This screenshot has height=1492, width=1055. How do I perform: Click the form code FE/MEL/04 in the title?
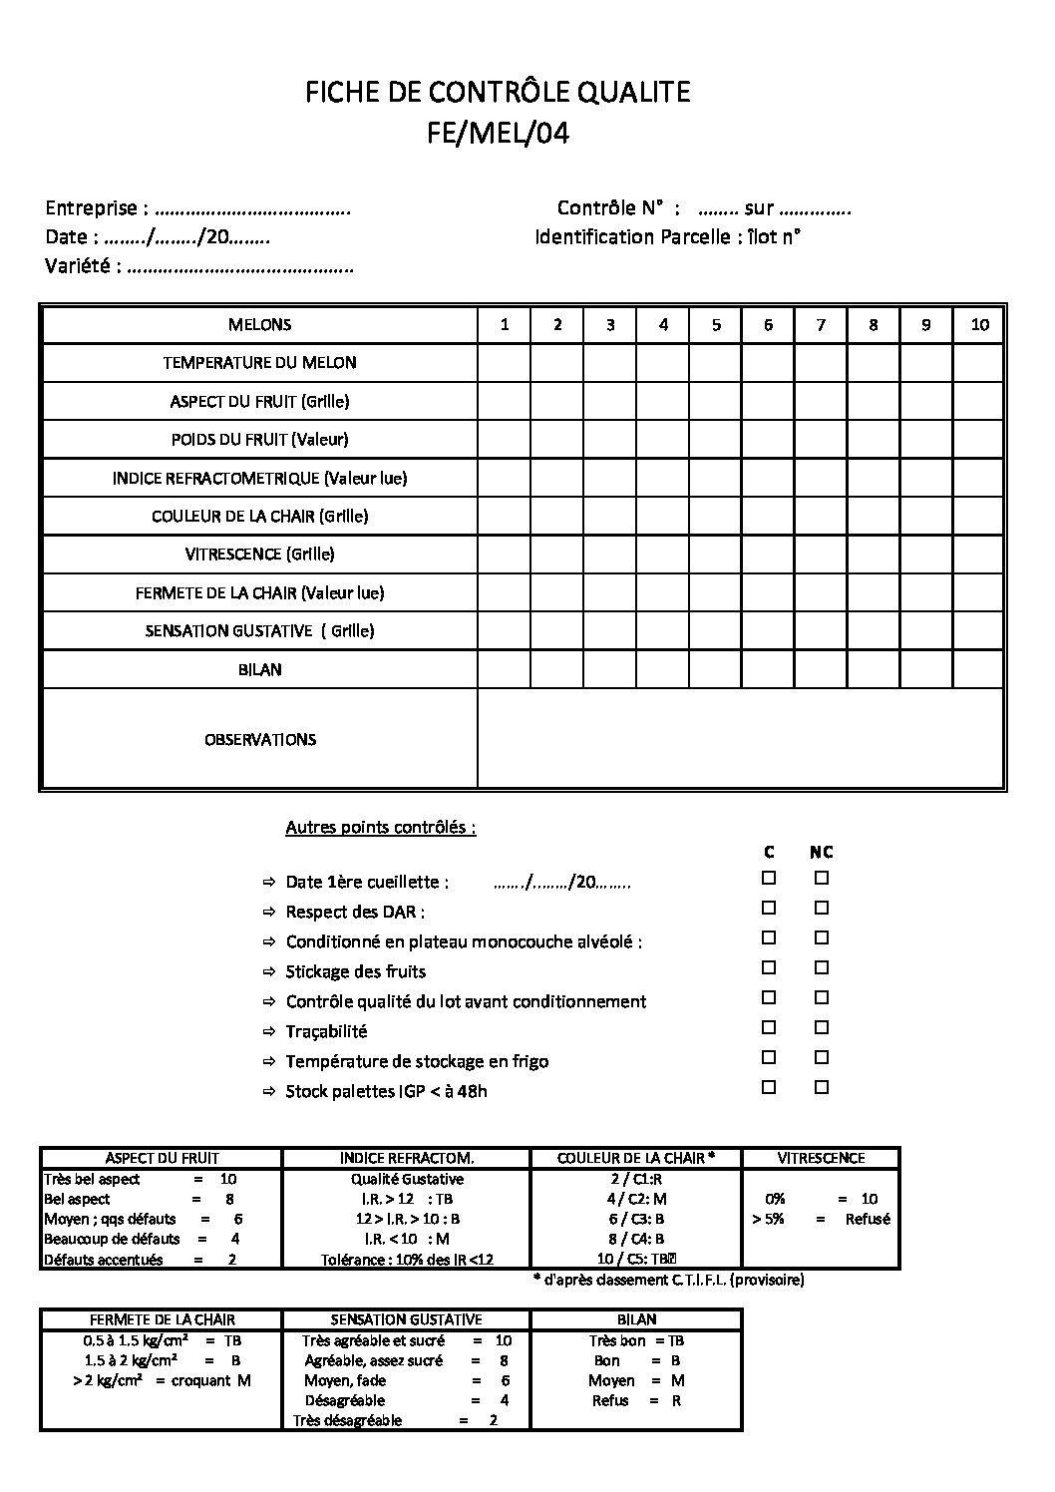coord(498,134)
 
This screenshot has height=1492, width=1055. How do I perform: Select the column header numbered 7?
coord(821,324)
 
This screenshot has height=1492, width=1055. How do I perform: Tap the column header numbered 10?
coord(979,324)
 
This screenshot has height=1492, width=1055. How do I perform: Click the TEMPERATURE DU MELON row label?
coord(259,363)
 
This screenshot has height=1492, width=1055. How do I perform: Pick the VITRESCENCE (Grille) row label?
coord(259,555)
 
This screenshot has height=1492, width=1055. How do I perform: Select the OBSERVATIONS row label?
coord(259,740)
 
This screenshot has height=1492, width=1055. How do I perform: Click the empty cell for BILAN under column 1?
coord(504,669)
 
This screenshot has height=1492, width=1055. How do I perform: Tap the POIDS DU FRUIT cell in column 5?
coord(715,439)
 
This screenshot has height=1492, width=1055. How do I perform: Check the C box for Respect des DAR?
coord(769,909)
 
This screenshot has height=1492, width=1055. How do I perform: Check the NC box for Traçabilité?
coord(822,1028)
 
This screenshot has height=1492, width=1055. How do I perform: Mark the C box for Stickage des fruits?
coord(769,968)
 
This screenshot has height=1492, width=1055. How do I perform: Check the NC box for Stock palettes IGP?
coord(822,1088)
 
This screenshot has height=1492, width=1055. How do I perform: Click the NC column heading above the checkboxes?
coord(821,853)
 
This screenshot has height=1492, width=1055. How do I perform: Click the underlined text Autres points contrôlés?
coord(380,828)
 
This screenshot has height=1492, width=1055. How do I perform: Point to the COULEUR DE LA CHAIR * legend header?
coord(635,1159)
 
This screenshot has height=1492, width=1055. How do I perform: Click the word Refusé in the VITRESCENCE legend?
coord(867,1219)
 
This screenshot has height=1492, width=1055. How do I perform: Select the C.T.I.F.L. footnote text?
coord(668,1280)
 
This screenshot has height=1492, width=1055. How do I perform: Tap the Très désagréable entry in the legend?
coord(347,1420)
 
